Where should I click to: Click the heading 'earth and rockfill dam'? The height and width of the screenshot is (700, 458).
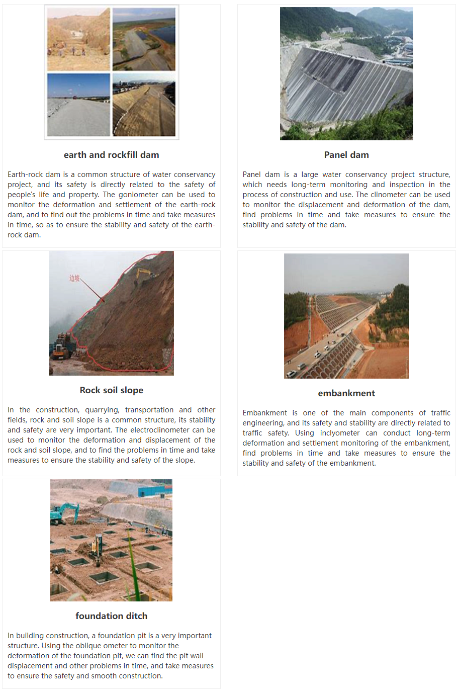[x=111, y=155]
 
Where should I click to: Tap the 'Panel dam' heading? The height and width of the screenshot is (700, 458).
[x=346, y=155]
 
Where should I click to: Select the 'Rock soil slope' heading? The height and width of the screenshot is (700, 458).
[x=111, y=390]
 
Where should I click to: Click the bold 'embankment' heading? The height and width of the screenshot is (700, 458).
[x=346, y=393]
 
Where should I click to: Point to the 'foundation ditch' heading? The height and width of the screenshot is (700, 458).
[x=111, y=616]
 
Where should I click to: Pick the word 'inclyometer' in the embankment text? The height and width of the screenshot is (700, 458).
[x=340, y=433]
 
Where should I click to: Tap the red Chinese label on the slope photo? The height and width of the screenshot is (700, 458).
[x=74, y=278]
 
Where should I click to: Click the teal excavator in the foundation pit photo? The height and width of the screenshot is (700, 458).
[x=65, y=512]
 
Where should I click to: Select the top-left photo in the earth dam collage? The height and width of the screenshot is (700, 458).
[x=78, y=39]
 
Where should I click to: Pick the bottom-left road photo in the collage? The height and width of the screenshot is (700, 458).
[x=78, y=105]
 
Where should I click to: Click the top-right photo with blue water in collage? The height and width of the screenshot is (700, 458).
[x=144, y=39]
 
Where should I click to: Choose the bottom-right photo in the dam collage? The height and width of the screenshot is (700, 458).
[x=144, y=105]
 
